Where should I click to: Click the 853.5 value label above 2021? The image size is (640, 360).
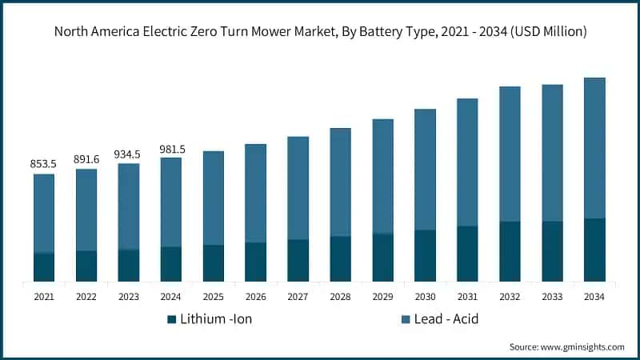tap(44, 164)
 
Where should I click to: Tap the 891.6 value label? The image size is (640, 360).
tap(86, 158)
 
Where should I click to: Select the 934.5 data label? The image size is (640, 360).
tap(129, 154)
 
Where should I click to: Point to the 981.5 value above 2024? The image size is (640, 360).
tap(171, 148)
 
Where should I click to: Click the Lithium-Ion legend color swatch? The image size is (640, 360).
tap(171, 319)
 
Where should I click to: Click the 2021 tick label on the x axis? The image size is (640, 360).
tap(44, 296)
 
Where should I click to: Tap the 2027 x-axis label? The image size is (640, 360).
tap(298, 296)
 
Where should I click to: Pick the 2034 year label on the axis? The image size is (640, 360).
tap(594, 296)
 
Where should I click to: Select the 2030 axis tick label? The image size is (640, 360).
tap(425, 296)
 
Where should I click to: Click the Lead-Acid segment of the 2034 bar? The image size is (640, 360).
tap(594, 148)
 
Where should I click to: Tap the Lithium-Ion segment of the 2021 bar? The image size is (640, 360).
tap(44, 267)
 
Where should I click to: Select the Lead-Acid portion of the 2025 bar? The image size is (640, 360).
tap(214, 198)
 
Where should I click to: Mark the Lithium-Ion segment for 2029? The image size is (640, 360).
tap(382, 258)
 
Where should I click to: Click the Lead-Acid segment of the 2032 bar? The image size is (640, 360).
tap(510, 154)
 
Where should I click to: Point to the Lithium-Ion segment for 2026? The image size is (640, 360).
tap(255, 262)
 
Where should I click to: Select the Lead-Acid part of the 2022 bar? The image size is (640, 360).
tap(86, 210)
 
